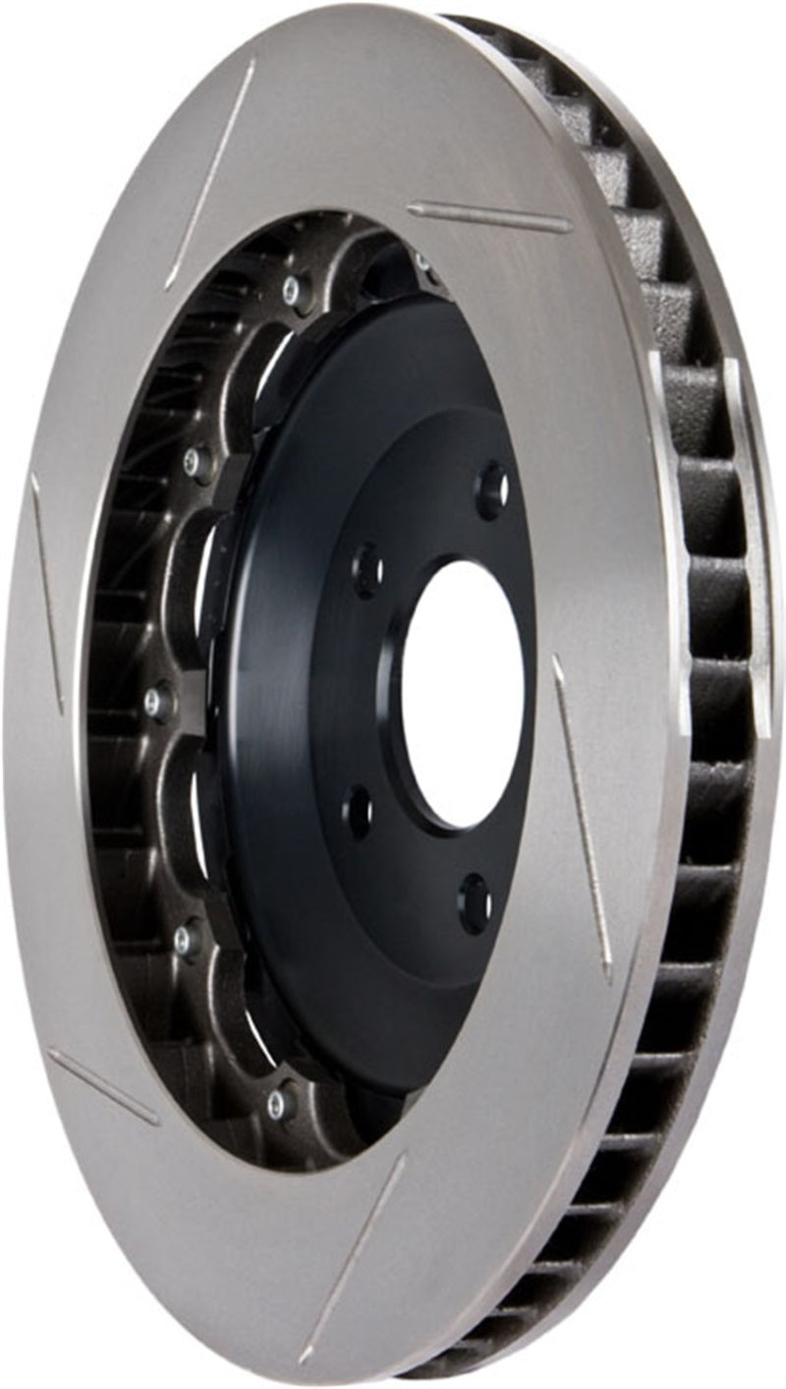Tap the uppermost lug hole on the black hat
pos(492,488)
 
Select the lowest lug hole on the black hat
pos(475,901)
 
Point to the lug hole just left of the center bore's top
pos(368,569)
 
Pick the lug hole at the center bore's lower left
pos(359,811)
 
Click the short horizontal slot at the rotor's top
pos(489,217)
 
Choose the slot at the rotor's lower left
pos(102,1086)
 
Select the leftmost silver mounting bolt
pos(155,701)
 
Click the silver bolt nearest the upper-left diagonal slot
pos(291,286)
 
